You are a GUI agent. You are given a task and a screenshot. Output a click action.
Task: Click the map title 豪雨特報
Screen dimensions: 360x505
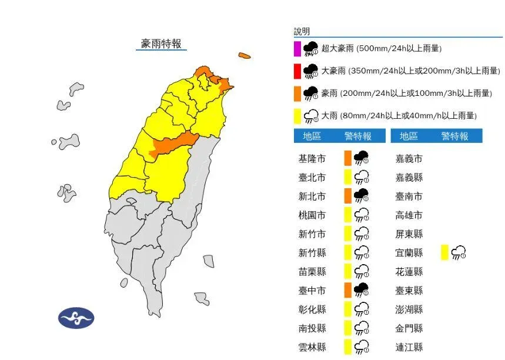coord(161,44)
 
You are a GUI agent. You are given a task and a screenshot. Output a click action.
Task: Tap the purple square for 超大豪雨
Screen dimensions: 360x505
coord(297,48)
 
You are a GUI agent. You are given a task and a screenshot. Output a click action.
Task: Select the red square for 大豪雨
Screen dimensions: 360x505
coord(297,71)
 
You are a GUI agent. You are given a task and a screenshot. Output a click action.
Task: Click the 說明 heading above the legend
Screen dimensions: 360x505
coord(302,32)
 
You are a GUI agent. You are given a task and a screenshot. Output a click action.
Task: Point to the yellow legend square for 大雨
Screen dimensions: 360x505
coord(297,116)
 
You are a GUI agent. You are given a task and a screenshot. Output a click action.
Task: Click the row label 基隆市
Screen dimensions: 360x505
coord(312,159)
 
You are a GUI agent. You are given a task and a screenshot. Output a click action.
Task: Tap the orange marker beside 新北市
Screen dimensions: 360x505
coord(347,196)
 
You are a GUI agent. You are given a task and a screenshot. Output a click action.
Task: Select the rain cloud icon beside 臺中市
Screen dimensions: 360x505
coord(360,290)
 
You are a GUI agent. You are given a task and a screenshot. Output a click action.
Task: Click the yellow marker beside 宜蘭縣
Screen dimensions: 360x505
coord(444,253)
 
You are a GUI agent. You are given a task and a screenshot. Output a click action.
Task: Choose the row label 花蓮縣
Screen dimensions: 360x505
coord(409,272)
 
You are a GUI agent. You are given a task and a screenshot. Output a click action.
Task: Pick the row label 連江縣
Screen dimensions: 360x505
coord(409,347)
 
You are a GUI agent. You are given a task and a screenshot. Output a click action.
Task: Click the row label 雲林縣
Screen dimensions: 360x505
coord(312,347)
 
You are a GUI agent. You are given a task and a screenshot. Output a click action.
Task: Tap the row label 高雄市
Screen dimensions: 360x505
coord(409,215)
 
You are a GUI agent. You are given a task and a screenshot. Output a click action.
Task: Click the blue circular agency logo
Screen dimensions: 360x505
coord(76,318)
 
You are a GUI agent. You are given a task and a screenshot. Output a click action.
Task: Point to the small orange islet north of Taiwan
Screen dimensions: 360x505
coord(244,56)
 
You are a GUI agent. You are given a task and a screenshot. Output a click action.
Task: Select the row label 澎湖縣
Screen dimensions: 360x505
coord(409,309)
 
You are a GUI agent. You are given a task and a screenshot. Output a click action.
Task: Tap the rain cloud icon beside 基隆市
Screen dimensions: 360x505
coord(360,158)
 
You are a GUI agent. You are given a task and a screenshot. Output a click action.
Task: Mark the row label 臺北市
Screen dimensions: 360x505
coord(312,178)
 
